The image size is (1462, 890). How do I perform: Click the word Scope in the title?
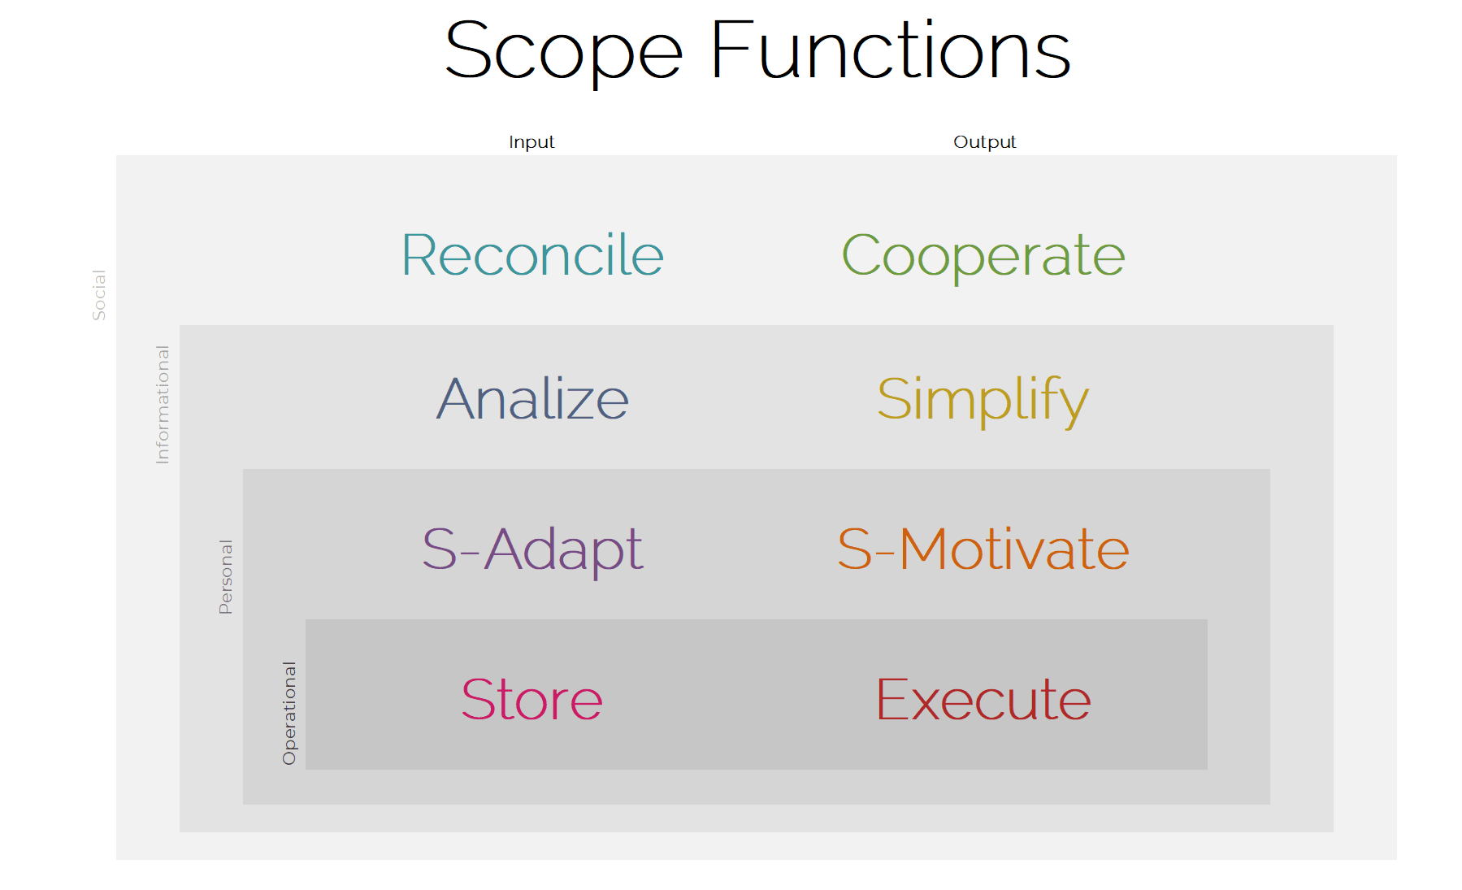click(564, 53)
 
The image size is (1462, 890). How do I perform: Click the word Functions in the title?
click(892, 50)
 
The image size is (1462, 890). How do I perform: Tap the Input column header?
click(531, 142)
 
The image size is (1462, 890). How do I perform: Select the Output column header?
click(984, 142)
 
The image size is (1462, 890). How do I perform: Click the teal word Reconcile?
click(533, 255)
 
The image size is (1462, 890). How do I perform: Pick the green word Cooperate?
click(983, 258)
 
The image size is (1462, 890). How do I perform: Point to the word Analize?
click(533, 399)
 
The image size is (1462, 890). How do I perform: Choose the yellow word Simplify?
click(983, 402)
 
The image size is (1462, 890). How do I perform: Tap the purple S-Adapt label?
click(533, 551)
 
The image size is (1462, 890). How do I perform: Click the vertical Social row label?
click(99, 295)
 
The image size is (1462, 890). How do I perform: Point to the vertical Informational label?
click(163, 405)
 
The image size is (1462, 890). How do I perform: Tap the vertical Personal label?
click(226, 577)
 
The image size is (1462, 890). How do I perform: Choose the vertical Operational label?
click(289, 714)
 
